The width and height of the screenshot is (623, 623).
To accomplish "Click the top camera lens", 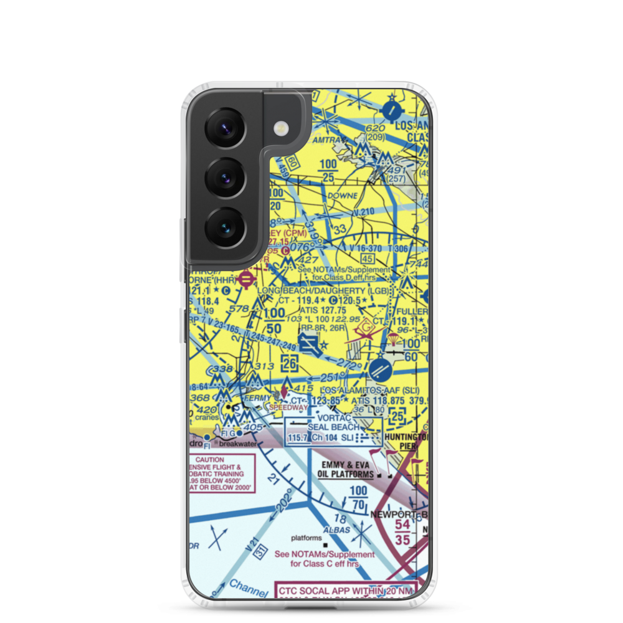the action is tap(225, 128).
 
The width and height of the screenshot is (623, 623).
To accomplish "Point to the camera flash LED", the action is tap(281, 128).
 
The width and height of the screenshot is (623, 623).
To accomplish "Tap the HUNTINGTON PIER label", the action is tap(406, 441).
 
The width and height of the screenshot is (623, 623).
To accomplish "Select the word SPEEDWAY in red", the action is tap(288, 407).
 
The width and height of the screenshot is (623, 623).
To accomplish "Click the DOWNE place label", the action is tap(343, 196).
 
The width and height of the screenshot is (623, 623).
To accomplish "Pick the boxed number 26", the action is tap(290, 363).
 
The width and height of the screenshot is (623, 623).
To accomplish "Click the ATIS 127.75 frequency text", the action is tap(323, 310).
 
